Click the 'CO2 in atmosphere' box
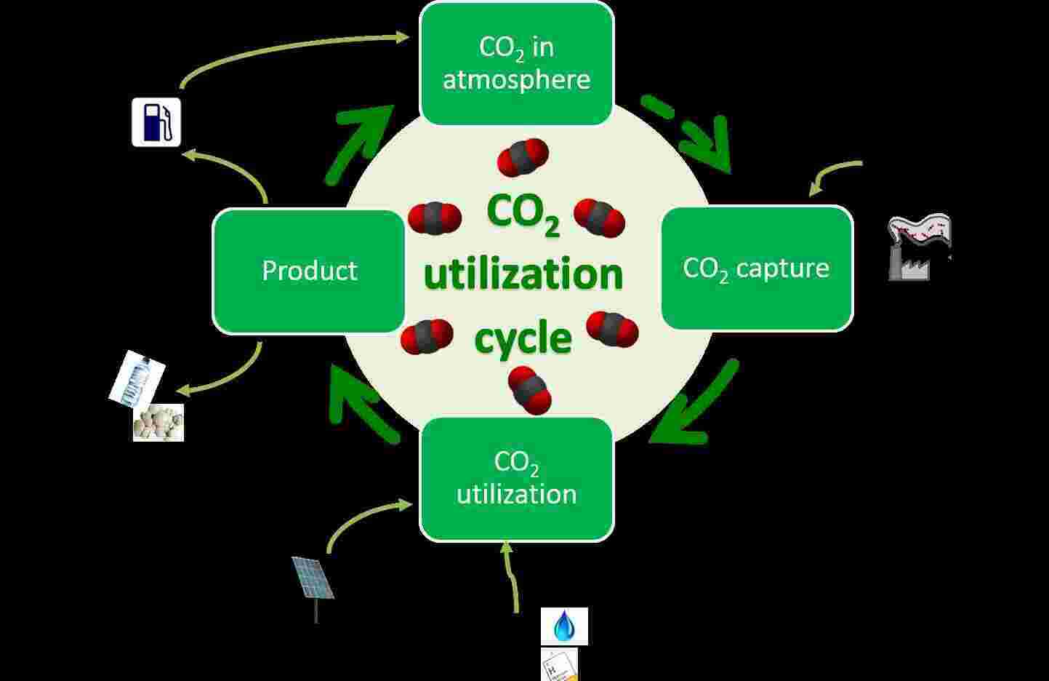pos(517,63)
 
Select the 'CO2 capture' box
pos(756,268)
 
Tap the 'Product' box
pos(309,271)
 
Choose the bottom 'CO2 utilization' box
pos(517,479)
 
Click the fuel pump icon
pos(156,122)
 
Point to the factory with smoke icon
pos(918,247)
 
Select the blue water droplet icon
pos(564,626)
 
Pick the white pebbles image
pos(158,423)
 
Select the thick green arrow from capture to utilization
pos(694,404)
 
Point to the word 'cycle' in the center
pos(523,339)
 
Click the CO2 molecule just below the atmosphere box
pos(523,157)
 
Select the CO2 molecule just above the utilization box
pos(530,389)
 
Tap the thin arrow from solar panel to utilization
pos(363,518)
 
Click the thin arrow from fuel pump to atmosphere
pos(291,49)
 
